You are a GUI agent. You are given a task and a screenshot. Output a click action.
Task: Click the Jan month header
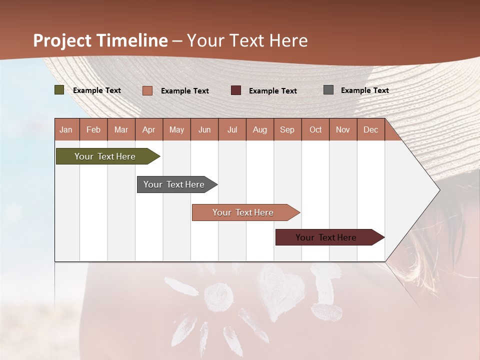pyautogui.click(x=66, y=130)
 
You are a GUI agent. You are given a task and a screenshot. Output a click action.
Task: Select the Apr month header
pyautogui.click(x=148, y=130)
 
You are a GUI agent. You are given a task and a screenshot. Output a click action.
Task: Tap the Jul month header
pyautogui.click(x=232, y=130)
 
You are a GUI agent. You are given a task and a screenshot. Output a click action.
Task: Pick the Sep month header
pyautogui.click(x=287, y=130)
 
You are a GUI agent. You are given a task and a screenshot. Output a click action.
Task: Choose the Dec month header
pyautogui.click(x=370, y=130)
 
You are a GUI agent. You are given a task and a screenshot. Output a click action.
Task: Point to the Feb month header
pyautogui.click(x=93, y=130)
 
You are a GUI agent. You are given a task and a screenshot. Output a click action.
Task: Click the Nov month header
pyautogui.click(x=342, y=130)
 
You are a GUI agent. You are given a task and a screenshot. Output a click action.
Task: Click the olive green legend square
pyautogui.click(x=59, y=90)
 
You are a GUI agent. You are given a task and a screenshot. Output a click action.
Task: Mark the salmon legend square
pyautogui.click(x=147, y=90)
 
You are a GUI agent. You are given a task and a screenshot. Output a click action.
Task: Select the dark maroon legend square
pyautogui.click(x=235, y=90)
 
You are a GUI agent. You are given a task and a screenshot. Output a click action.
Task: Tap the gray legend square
pyautogui.click(x=328, y=90)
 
